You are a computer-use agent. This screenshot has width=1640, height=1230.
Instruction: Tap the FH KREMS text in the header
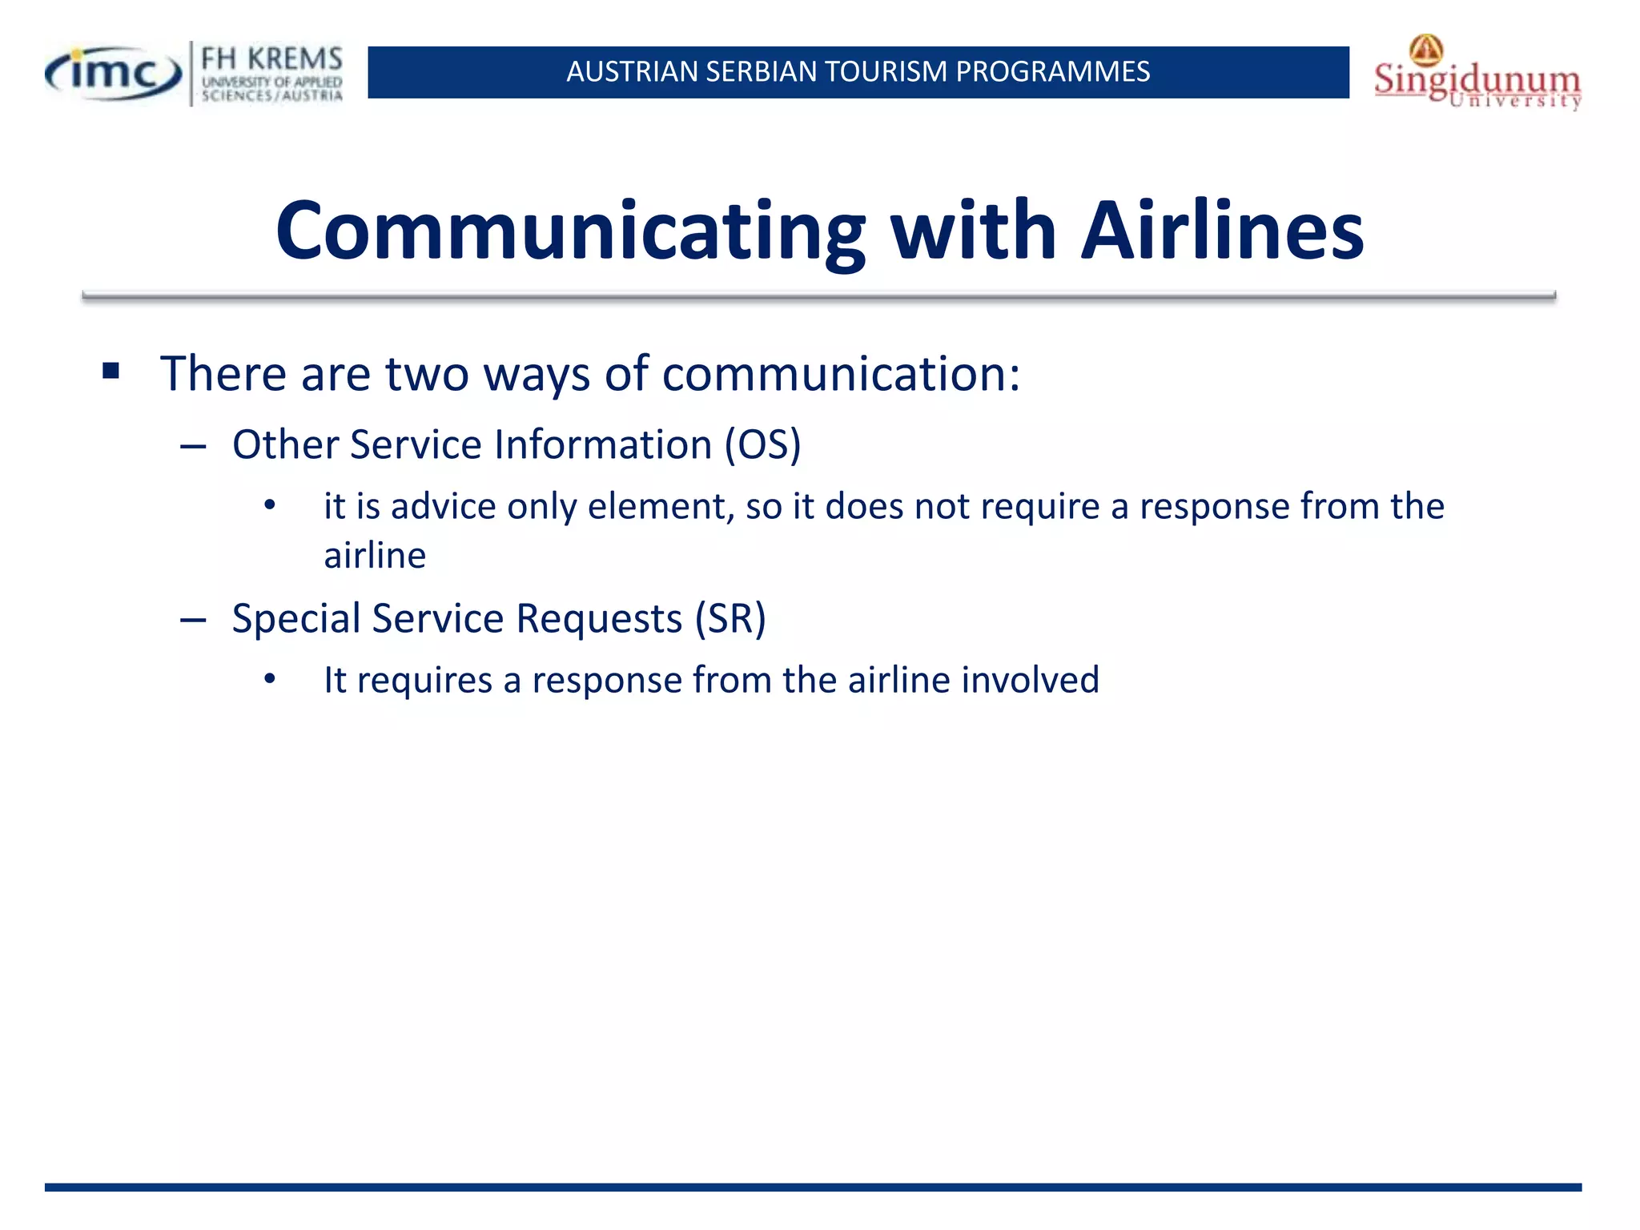(x=271, y=58)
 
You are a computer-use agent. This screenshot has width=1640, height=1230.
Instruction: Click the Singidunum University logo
(x=1477, y=76)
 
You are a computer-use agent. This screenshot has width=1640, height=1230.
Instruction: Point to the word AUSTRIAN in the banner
(x=632, y=72)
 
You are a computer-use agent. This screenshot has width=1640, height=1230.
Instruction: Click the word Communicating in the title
(x=570, y=231)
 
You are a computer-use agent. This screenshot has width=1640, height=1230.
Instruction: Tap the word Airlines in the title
(x=1222, y=231)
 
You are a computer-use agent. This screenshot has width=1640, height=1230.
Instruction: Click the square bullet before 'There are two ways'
(x=111, y=371)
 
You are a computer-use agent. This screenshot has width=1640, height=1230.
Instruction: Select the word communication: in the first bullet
(x=841, y=374)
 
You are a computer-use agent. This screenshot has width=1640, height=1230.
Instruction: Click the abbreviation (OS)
(x=762, y=444)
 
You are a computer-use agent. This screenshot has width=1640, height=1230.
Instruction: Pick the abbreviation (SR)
(x=730, y=619)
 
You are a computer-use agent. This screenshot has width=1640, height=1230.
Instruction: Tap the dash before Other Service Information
(x=193, y=446)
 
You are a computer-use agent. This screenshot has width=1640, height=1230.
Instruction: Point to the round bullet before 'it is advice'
(x=270, y=505)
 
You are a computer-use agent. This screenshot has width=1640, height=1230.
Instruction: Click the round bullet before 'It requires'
(x=270, y=679)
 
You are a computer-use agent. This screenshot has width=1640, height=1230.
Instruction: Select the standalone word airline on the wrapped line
(x=375, y=556)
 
